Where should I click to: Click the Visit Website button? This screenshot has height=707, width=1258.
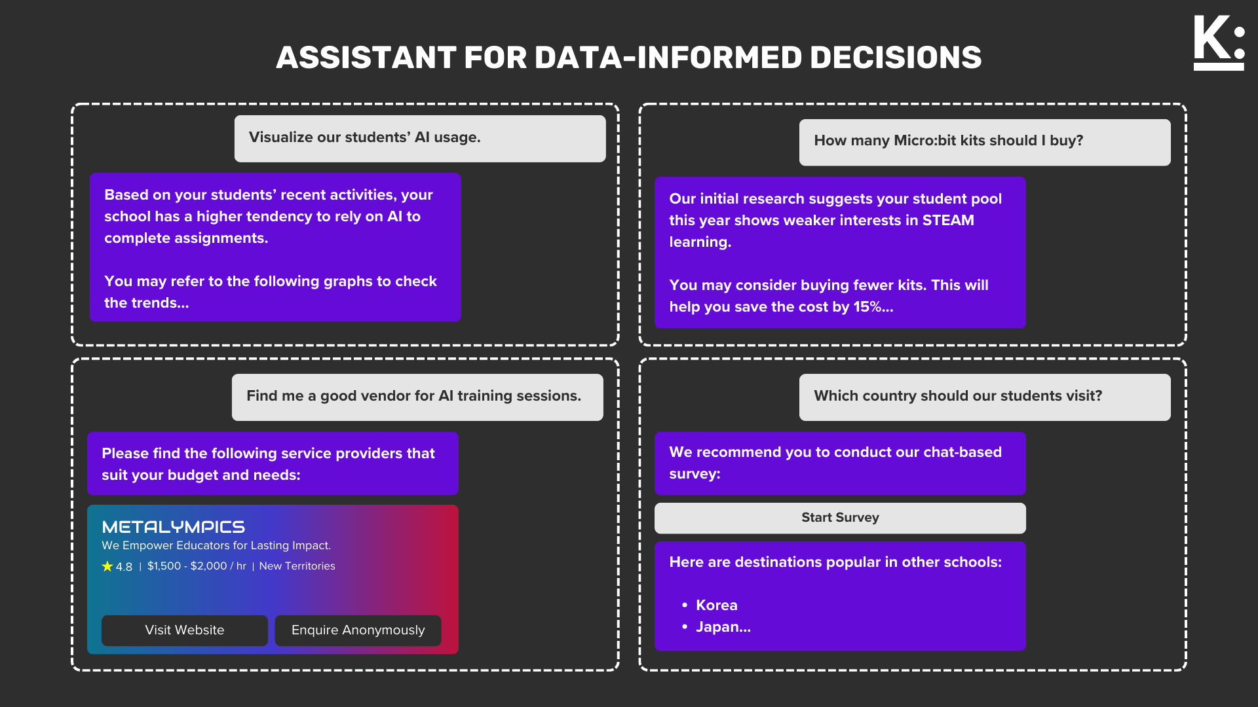[x=184, y=630]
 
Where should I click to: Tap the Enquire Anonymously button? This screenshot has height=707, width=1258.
[x=358, y=630]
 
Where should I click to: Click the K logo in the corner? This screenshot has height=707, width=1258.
[x=1219, y=43]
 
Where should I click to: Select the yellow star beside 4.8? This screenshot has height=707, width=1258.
[x=107, y=566]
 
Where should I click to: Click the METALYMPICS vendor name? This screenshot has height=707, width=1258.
[x=174, y=527]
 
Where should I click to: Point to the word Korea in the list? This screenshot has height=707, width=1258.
[x=716, y=606]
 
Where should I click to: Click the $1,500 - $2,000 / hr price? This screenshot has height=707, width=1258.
[x=197, y=566]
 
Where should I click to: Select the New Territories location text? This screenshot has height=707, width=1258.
[x=297, y=566]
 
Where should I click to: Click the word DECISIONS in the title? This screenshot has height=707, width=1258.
[x=896, y=58]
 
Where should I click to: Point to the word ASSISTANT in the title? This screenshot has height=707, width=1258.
[x=366, y=58]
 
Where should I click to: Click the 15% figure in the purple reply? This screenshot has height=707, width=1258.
[x=866, y=307]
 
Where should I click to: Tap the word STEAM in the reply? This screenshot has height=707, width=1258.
[x=948, y=221]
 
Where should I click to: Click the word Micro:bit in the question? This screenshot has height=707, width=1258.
[x=925, y=141]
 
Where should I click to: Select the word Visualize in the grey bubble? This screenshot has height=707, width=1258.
[x=280, y=137]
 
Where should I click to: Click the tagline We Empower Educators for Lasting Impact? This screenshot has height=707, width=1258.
[x=216, y=546]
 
